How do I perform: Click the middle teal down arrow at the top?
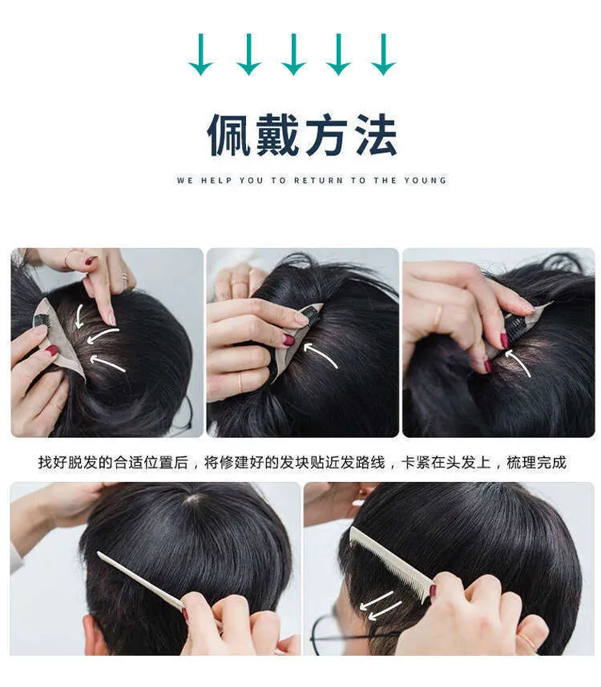[293, 54]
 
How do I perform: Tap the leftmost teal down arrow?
[201, 54]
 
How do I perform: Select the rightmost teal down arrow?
[384, 54]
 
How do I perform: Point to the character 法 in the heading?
[376, 135]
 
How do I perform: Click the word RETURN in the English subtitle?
[318, 180]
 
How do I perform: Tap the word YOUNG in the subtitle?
[425, 180]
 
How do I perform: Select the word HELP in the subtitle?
[216, 180]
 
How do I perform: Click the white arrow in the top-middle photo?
[320, 354]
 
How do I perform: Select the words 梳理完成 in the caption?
[537, 463]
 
